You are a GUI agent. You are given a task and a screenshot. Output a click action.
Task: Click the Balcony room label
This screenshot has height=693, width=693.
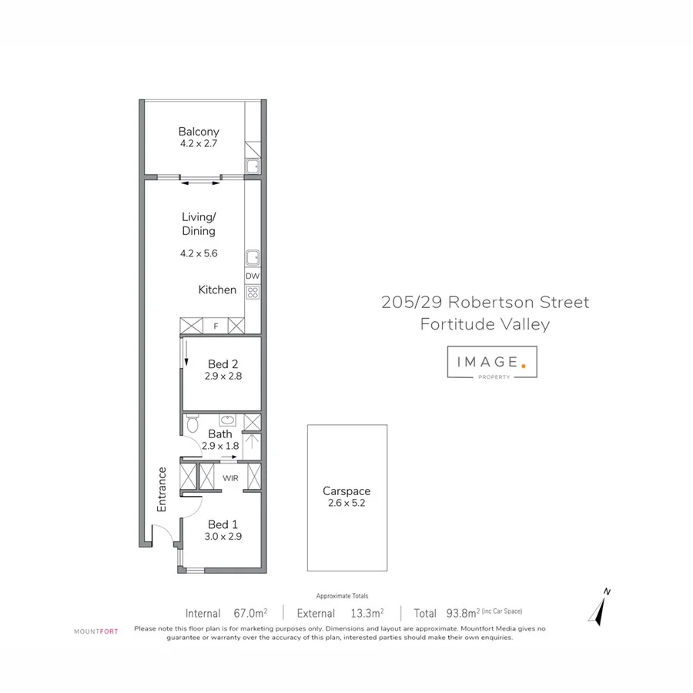[x=199, y=132]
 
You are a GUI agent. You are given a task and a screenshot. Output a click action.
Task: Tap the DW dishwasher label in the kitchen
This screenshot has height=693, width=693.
[x=253, y=276]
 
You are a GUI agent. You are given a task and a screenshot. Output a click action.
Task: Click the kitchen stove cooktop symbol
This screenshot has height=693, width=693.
[x=253, y=292]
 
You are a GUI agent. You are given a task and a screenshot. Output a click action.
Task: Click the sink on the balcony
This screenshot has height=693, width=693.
[x=253, y=166]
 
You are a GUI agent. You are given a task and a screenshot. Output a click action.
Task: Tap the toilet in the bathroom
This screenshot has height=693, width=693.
[x=192, y=423]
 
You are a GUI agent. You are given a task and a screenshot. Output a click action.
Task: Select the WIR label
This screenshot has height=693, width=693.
[x=230, y=478]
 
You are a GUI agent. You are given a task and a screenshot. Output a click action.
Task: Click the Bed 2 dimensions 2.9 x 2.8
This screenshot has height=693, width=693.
[x=223, y=377]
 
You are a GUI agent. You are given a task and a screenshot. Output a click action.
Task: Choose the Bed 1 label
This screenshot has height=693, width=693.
[x=223, y=524]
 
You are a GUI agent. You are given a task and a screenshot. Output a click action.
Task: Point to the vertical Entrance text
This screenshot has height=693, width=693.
[x=162, y=490]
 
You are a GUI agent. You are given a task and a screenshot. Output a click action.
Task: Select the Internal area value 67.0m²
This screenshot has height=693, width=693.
[x=249, y=614]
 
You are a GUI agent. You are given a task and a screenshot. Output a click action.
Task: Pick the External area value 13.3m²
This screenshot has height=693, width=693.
[x=367, y=614]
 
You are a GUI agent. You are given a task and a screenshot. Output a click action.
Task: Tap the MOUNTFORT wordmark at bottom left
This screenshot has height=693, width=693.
[x=96, y=631]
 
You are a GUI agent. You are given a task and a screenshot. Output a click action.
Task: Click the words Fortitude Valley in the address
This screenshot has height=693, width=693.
[x=485, y=324]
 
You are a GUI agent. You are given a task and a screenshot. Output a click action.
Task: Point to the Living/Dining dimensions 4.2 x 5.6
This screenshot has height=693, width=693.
[x=199, y=253]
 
